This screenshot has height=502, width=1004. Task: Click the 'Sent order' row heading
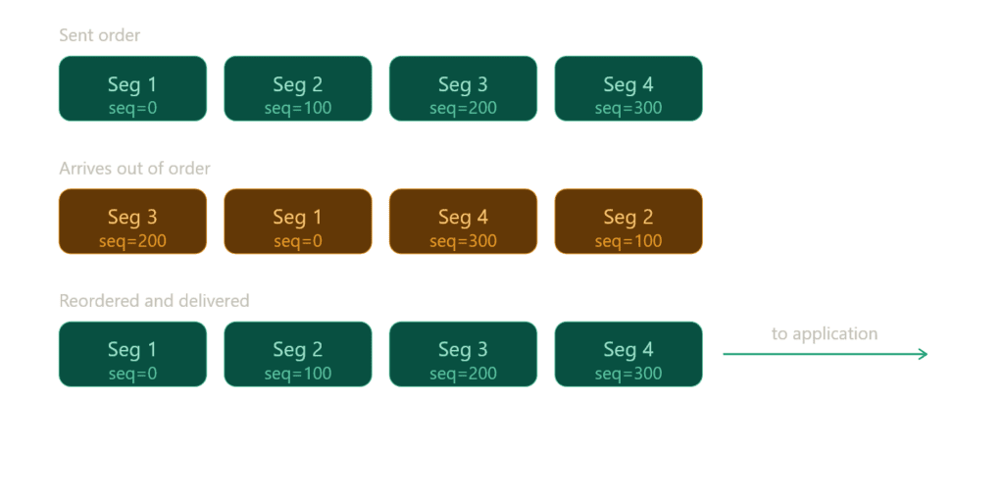tap(100, 36)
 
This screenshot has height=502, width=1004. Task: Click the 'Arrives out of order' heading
tap(134, 169)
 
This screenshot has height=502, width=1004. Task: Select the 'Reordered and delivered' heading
tap(154, 301)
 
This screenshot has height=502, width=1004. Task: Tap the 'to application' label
tap(824, 334)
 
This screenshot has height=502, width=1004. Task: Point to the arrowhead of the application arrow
tap(924, 354)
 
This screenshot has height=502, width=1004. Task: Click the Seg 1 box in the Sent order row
tap(132, 88)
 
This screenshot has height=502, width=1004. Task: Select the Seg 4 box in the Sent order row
tap(628, 88)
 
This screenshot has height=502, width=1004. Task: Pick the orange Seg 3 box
tap(132, 222)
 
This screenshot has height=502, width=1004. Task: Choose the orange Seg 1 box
tap(298, 222)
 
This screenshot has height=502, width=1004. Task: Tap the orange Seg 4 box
tap(463, 222)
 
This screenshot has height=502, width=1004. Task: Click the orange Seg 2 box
tap(628, 222)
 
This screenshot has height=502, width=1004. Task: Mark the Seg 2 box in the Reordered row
tap(298, 354)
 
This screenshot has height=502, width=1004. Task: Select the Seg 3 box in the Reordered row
tap(463, 354)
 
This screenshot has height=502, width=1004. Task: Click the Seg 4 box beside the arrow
tap(628, 354)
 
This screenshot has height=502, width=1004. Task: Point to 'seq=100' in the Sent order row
tap(298, 108)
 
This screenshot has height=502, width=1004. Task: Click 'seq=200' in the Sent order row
tap(463, 108)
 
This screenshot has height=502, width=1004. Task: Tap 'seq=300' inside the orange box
tap(463, 241)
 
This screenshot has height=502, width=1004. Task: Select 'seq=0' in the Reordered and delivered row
tap(132, 374)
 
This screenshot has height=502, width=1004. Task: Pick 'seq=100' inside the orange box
tap(628, 241)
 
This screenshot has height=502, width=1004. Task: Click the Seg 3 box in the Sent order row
tap(463, 88)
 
